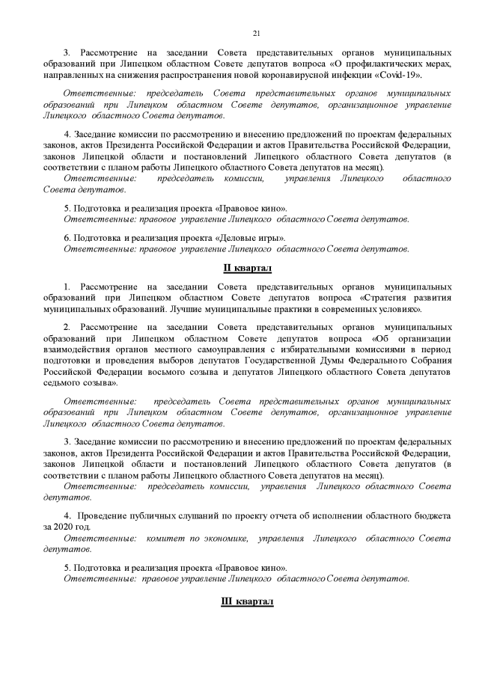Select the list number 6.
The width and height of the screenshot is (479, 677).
click(x=67, y=236)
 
